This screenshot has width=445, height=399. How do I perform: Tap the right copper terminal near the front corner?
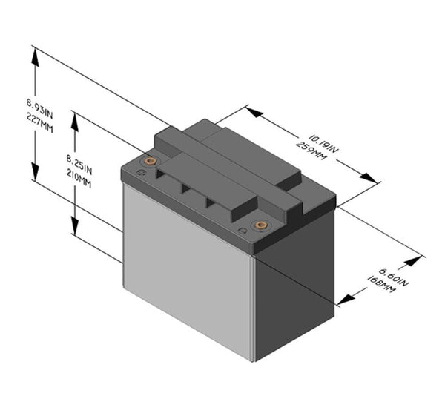click(259, 224)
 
